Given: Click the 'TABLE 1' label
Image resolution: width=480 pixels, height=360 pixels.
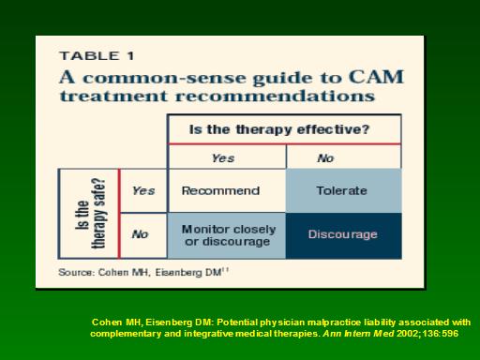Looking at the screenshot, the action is (97, 56).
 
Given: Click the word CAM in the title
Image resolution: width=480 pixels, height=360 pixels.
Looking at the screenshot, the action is (376, 77).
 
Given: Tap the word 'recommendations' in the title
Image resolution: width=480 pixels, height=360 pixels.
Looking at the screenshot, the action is (275, 96).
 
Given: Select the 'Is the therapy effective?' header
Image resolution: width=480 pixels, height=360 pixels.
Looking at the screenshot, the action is (279, 129).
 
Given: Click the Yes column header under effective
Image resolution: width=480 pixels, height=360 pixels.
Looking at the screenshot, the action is (223, 158).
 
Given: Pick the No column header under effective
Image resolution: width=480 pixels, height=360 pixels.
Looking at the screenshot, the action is (325, 158).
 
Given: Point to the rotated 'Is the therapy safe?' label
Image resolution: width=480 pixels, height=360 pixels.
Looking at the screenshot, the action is (91, 214).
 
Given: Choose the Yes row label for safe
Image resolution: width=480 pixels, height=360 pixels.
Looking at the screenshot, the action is (143, 190).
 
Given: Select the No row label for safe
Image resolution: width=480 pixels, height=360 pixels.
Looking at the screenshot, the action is (140, 234).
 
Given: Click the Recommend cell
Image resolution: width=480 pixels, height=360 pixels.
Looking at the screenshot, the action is (220, 190).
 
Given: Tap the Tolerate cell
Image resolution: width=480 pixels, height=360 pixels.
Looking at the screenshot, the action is (341, 190).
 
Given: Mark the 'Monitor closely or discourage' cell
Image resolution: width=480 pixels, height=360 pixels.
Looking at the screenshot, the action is (229, 235).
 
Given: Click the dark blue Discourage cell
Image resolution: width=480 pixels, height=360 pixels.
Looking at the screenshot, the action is (343, 234).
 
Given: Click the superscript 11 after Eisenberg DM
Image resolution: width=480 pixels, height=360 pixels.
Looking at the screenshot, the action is (226, 270).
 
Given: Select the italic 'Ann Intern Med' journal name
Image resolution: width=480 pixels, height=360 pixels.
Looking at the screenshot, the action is (358, 334).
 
